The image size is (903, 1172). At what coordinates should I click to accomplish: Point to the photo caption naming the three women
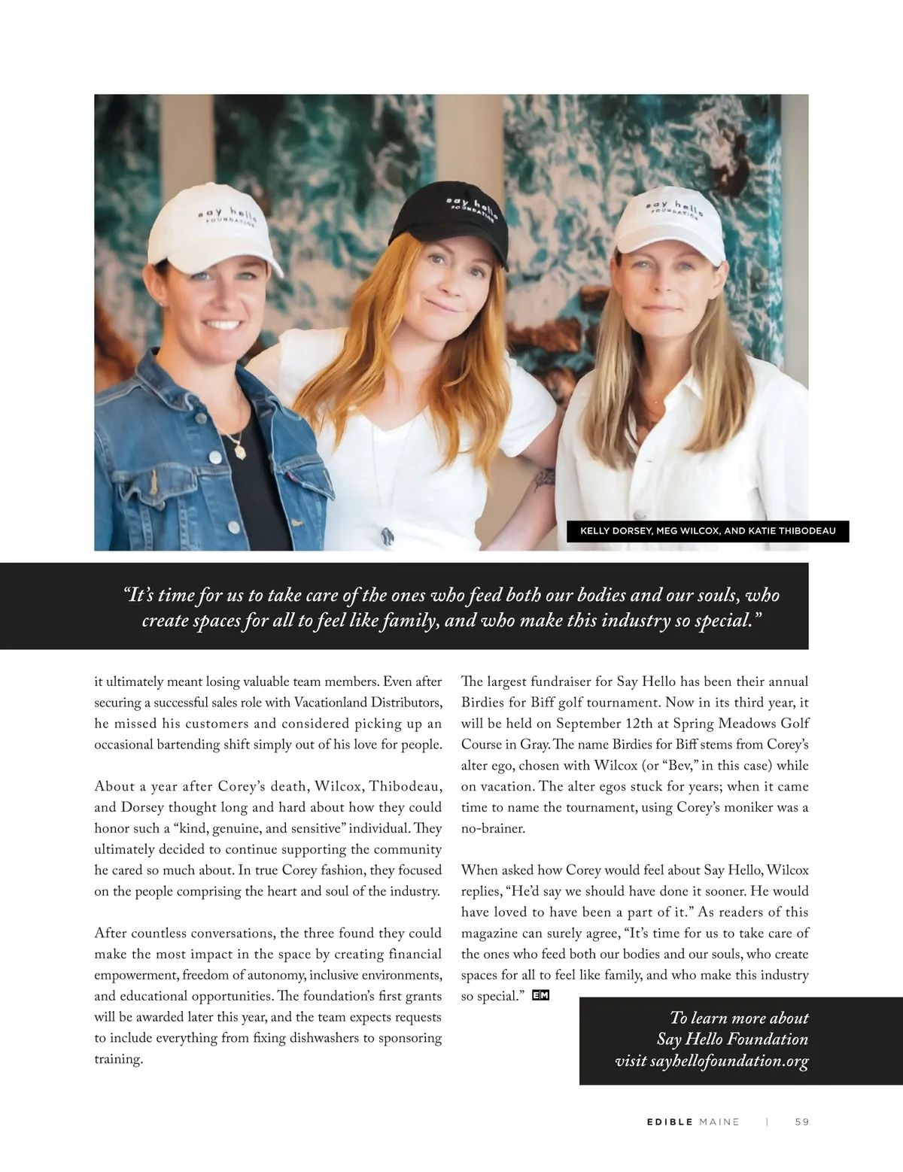coord(707,531)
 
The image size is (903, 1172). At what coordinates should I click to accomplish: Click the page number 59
coord(801,1122)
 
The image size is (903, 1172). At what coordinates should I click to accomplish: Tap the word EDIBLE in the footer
coord(670,1122)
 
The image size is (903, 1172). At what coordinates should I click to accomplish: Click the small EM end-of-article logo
coord(540,996)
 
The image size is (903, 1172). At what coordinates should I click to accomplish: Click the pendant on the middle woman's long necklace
coord(388,536)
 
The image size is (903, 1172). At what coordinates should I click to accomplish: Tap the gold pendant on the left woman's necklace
coord(242,450)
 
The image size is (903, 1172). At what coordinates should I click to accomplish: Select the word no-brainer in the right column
coord(493,829)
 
